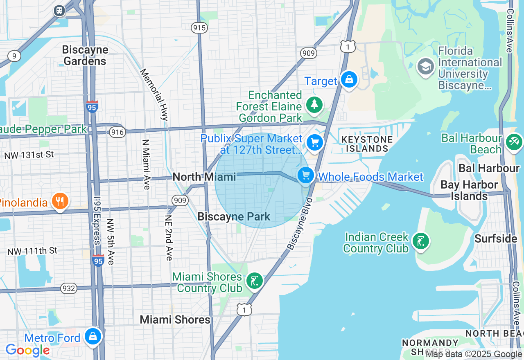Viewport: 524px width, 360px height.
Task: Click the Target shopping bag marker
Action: click(349, 79)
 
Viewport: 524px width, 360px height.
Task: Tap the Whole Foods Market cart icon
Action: click(305, 175)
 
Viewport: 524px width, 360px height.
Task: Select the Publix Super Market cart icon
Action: click(315, 143)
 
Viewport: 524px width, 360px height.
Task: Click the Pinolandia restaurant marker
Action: click(60, 201)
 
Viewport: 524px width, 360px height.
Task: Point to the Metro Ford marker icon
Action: click(93, 336)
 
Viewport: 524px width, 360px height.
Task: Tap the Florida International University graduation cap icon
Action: click(425, 66)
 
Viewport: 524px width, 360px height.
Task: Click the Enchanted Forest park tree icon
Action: click(314, 104)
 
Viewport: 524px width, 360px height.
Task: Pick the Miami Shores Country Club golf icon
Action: click(255, 281)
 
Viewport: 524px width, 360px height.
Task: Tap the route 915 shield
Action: click(199, 28)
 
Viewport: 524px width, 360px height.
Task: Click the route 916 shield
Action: click(117, 132)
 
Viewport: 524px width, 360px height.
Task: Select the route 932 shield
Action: click(69, 288)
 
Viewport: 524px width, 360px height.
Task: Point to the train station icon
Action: click(60, 10)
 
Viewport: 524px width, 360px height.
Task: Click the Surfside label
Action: click(496, 239)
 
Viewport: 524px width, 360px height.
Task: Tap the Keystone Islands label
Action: click(367, 144)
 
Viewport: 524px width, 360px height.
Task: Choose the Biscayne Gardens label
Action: click(85, 56)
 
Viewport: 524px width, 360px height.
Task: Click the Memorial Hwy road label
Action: click(154, 94)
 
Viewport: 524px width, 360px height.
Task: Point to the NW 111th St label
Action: click(32, 251)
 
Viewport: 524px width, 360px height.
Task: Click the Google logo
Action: click(27, 350)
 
